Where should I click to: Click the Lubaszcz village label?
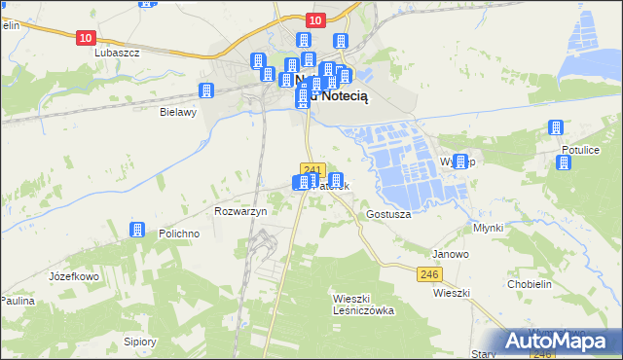(x=117, y=53)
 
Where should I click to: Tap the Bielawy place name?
(x=178, y=112)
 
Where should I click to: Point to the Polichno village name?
(x=179, y=234)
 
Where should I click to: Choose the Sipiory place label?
(x=140, y=342)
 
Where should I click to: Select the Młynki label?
(x=487, y=227)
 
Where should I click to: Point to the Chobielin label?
(x=531, y=284)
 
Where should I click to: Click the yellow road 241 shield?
(x=311, y=167)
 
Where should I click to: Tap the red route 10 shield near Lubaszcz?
(x=86, y=37)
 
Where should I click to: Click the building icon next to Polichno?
(x=137, y=230)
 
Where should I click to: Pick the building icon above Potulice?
(x=556, y=127)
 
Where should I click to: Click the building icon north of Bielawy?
(x=206, y=90)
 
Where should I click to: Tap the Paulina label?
(x=18, y=301)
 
